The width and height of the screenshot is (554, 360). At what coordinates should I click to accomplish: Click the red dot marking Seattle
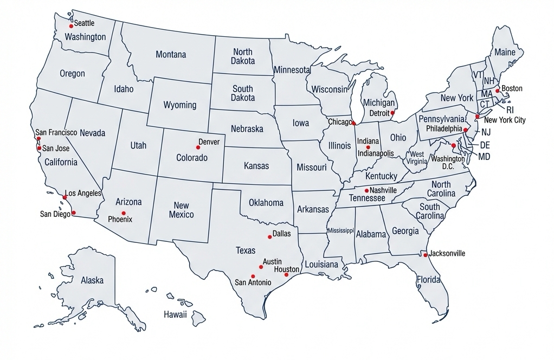click(70, 25)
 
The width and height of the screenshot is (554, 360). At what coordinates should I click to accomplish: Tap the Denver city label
click(209, 142)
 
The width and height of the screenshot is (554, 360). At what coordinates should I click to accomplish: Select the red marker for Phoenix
click(124, 213)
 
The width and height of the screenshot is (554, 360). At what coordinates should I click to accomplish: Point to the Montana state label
click(171, 54)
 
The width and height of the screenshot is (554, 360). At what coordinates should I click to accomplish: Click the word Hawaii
click(175, 314)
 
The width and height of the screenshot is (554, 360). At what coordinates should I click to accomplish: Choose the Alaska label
click(92, 280)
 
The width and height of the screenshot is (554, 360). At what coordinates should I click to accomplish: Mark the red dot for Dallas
click(270, 236)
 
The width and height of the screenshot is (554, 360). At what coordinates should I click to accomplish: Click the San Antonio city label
click(253, 282)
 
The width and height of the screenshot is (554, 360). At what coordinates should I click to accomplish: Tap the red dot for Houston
click(287, 275)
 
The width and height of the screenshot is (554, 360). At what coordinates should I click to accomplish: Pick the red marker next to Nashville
click(366, 190)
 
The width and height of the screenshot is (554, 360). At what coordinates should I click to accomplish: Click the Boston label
click(512, 88)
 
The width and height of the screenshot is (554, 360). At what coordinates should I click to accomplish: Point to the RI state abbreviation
click(510, 110)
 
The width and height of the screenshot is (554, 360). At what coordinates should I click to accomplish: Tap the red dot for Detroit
click(392, 114)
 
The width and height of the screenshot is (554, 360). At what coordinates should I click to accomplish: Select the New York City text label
click(505, 120)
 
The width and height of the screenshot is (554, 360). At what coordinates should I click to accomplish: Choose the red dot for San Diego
click(74, 213)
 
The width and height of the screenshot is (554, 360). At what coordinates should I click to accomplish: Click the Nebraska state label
click(247, 129)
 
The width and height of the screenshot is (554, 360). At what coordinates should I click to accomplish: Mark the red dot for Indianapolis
click(368, 147)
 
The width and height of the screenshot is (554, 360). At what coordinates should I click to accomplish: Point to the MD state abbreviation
click(484, 156)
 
